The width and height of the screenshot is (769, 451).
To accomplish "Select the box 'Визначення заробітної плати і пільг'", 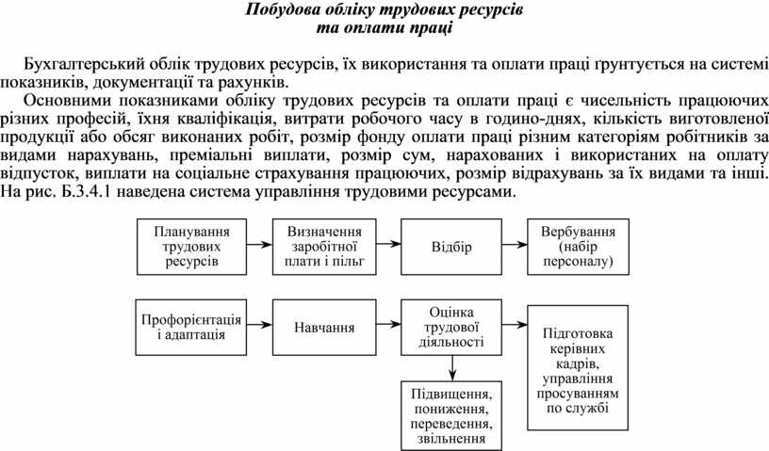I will coord(320,246).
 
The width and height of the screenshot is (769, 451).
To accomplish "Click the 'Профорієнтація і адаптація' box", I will coord(190,326).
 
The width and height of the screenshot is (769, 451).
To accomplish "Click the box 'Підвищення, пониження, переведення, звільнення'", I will coord(450,411).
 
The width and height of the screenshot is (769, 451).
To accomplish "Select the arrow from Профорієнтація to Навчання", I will coord(255,327).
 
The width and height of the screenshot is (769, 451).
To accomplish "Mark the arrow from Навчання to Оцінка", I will coord(385,327).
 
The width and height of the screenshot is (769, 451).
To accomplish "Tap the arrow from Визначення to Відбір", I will coord(385,246).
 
